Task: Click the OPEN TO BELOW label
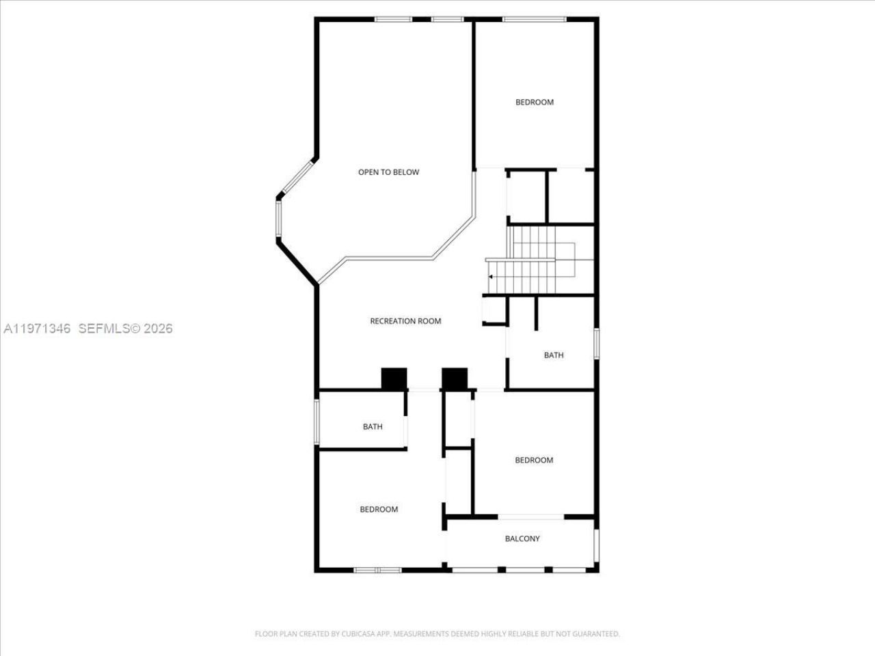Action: pos(388,172)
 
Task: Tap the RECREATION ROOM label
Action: pos(405,321)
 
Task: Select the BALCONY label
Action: pos(522,538)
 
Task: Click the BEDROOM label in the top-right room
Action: pos(534,102)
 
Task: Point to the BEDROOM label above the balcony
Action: pos(534,461)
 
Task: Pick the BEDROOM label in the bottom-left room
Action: pos(379,510)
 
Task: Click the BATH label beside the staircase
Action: pos(554,355)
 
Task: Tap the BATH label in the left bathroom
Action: pos(373,427)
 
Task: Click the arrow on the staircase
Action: pos(490,276)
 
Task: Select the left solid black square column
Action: pos(394,379)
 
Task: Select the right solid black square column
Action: pos(455,379)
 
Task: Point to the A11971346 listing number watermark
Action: pos(38,329)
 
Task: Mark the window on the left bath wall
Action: pos(317,419)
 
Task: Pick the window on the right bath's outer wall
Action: pos(596,343)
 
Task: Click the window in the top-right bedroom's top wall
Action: pos(534,19)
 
